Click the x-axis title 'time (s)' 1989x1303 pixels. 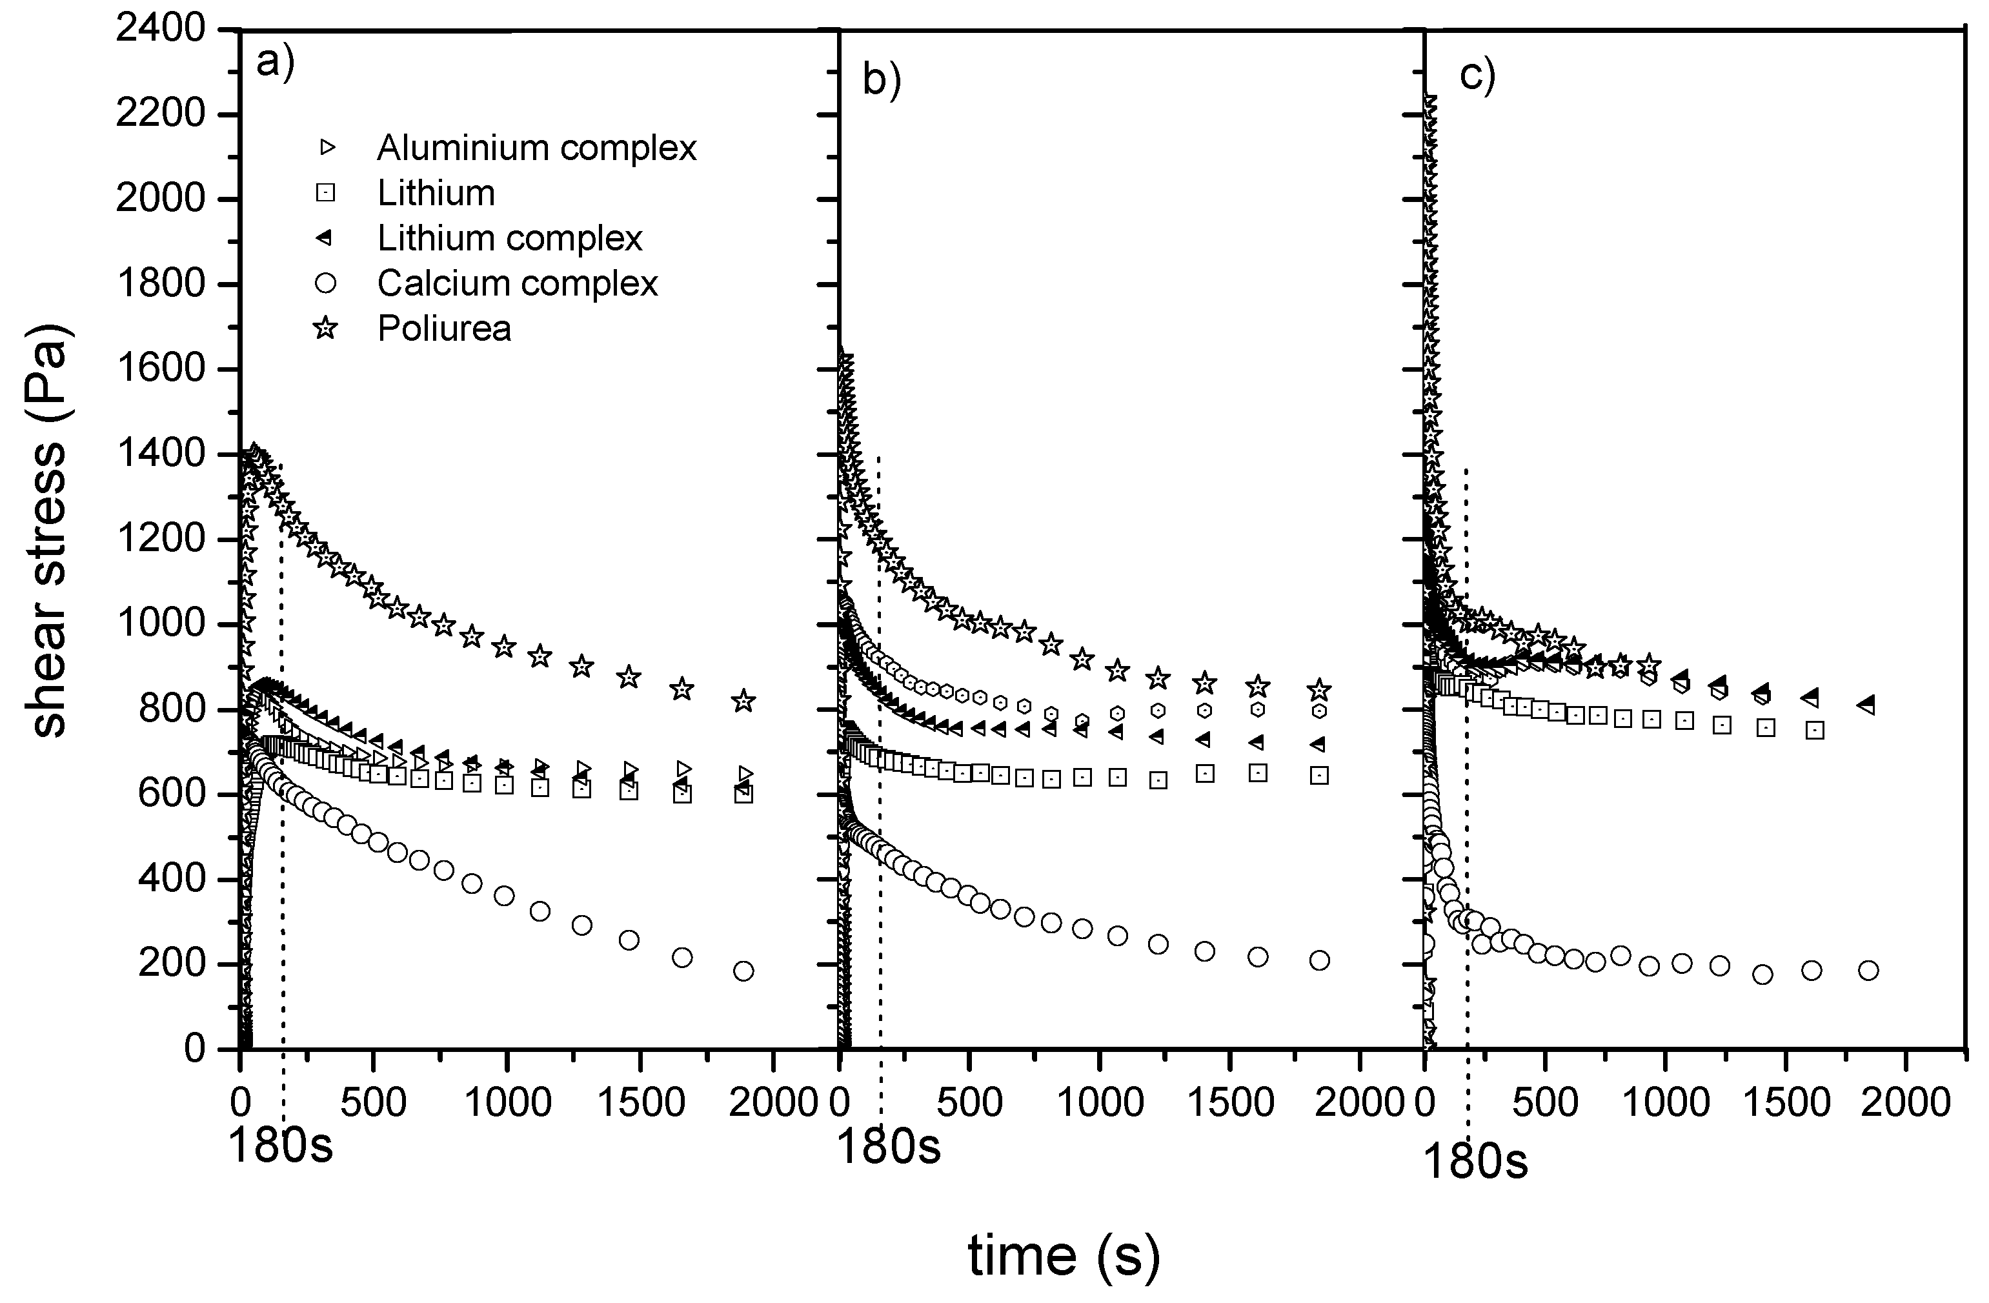(1063, 1255)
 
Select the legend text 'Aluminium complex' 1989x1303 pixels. (536, 148)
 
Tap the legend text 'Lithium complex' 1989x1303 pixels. (509, 239)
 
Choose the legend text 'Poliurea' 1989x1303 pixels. (444, 328)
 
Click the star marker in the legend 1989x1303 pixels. (325, 328)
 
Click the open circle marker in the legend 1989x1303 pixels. (325, 284)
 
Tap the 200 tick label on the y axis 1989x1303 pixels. (171, 965)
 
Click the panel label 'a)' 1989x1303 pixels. (275, 63)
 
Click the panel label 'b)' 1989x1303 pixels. (882, 82)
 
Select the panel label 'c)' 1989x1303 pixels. (1477, 76)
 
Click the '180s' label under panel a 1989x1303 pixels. (280, 1146)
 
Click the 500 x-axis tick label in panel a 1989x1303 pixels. (373, 1103)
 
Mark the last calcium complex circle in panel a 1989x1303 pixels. (743, 971)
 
